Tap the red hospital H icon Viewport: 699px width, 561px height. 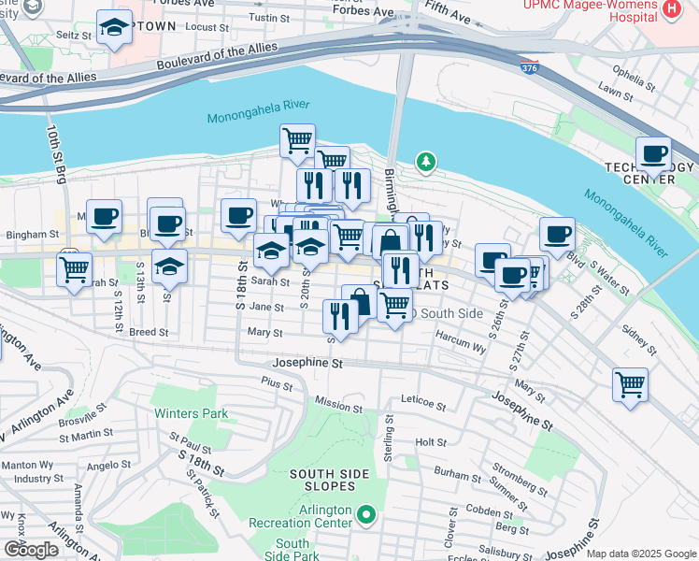(669, 10)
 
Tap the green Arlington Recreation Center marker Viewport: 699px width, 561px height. (367, 513)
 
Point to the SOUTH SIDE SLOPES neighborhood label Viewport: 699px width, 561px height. (322, 480)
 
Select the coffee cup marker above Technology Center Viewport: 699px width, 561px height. (654, 152)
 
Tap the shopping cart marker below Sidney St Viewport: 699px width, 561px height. (631, 383)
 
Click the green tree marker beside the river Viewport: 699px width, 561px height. (426, 163)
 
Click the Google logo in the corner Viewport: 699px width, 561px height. (31, 549)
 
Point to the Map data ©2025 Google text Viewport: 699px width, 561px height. (640, 554)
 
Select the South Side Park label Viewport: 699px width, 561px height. (292, 550)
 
